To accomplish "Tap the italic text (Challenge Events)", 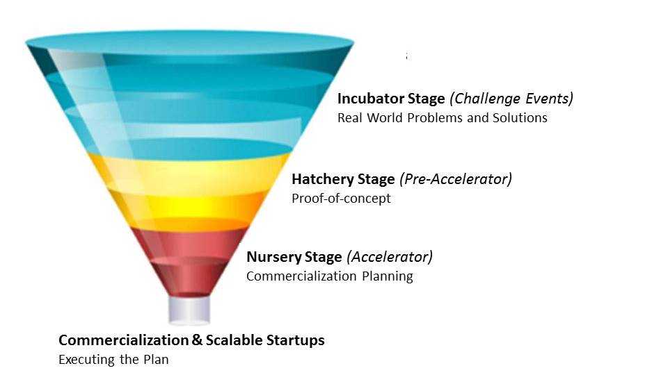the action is point(511,99).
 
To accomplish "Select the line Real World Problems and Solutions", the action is point(443,118).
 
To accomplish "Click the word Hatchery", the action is point(322,179).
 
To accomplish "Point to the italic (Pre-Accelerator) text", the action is point(455,179).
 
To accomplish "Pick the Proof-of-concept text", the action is point(341,199).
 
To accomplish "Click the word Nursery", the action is point(270,257).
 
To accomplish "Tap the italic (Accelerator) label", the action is point(390,257).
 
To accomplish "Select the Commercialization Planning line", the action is point(330,276).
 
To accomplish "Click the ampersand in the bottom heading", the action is point(197,340).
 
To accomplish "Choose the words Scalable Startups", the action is point(265,340).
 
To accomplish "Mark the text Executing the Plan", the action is point(113,360).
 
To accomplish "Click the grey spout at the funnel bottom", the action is point(189,310).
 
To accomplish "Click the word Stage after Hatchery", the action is point(376,179).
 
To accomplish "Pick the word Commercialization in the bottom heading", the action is point(124,340).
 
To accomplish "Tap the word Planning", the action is point(388,276).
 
